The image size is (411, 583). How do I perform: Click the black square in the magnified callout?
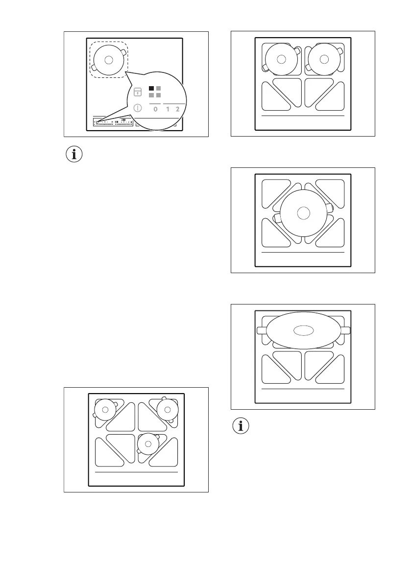click(152, 89)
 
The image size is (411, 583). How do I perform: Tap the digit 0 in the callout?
click(155, 109)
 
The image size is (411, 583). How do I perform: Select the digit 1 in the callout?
click(168, 109)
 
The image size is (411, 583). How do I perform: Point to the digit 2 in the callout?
click(177, 109)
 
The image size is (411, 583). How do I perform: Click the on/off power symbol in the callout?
click(138, 109)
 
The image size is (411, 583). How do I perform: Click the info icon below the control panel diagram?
click(74, 155)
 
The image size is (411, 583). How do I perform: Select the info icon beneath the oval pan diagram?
click(240, 426)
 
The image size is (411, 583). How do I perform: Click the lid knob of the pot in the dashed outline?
click(109, 60)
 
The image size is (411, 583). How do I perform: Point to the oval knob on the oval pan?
click(303, 330)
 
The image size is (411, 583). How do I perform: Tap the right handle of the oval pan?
click(345, 330)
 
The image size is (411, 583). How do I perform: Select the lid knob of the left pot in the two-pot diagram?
click(281, 59)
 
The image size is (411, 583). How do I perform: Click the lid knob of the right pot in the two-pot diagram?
click(323, 59)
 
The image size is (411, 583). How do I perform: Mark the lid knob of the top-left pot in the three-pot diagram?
click(105, 409)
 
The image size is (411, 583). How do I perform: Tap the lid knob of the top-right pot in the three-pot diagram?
click(167, 409)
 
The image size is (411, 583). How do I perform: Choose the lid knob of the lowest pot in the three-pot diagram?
click(147, 443)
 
